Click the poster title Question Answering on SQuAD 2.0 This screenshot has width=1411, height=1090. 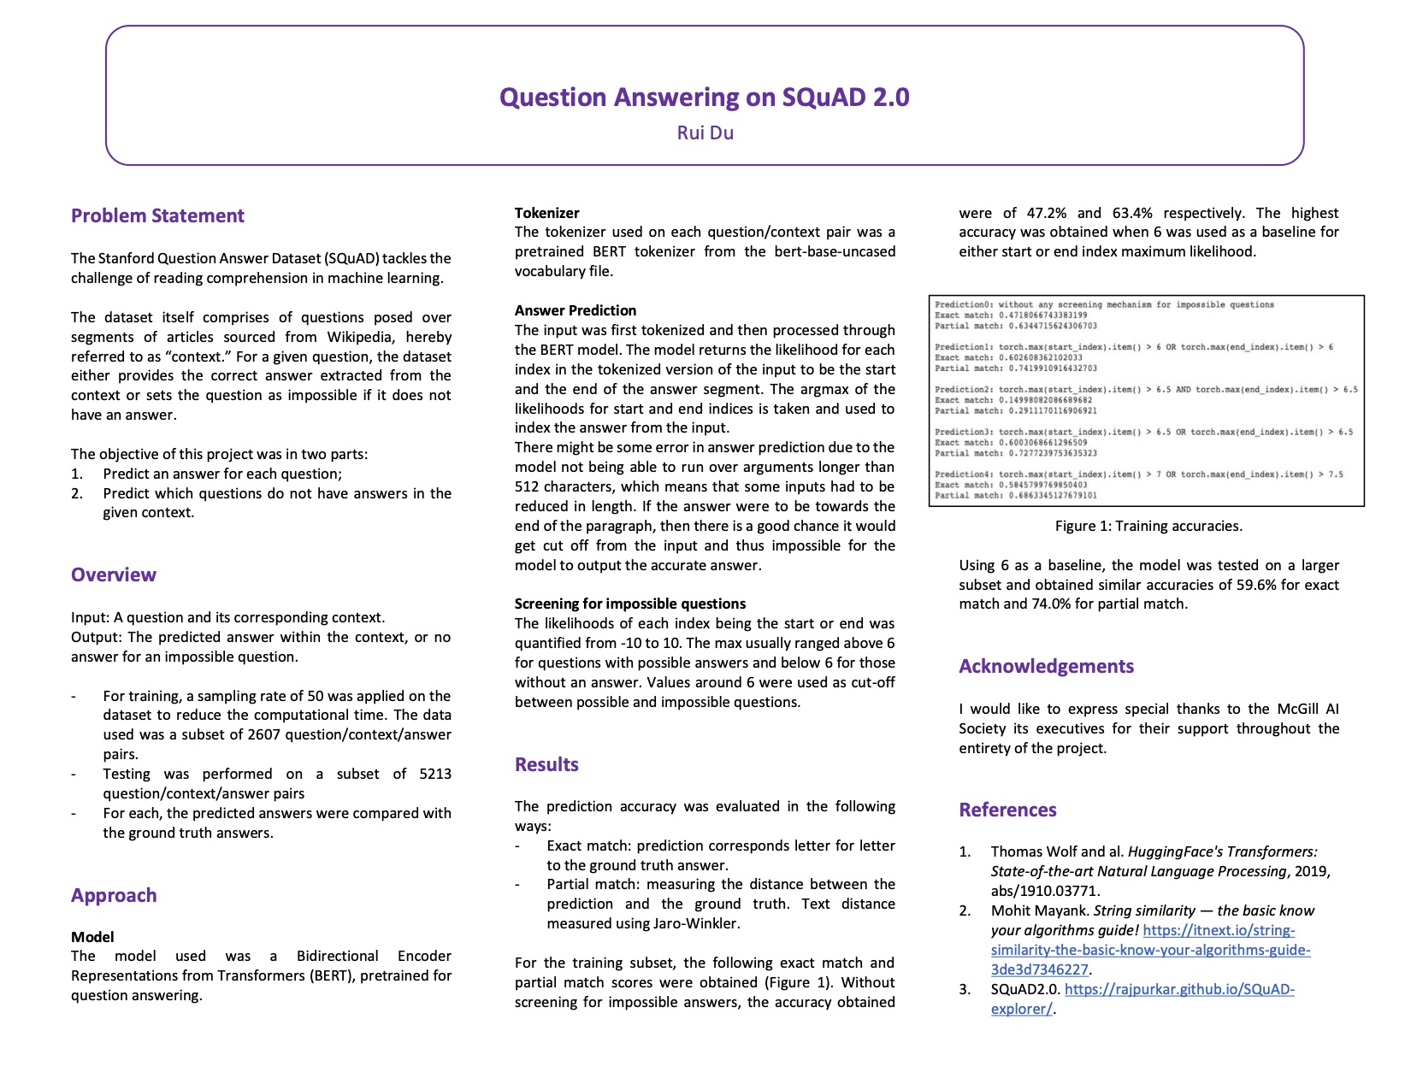click(x=704, y=97)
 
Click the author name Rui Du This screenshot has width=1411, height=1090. click(x=705, y=133)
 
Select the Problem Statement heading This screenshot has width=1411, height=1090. click(x=157, y=216)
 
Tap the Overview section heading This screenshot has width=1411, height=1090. click(x=114, y=575)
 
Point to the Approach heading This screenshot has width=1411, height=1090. click(x=114, y=896)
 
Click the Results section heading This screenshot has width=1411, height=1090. click(x=546, y=765)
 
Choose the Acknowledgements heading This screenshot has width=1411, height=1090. click(x=1046, y=667)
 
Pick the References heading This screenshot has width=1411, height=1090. click(x=1007, y=810)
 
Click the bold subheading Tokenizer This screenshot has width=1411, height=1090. click(x=546, y=213)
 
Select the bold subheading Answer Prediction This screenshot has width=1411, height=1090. click(x=576, y=310)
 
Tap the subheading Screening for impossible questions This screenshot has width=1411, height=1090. click(x=630, y=604)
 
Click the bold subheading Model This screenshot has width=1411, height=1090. click(x=92, y=937)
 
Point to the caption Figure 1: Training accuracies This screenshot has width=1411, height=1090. click(x=1148, y=527)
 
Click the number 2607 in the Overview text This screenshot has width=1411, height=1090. click(x=263, y=735)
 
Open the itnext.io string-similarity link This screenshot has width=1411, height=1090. click(x=1150, y=951)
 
